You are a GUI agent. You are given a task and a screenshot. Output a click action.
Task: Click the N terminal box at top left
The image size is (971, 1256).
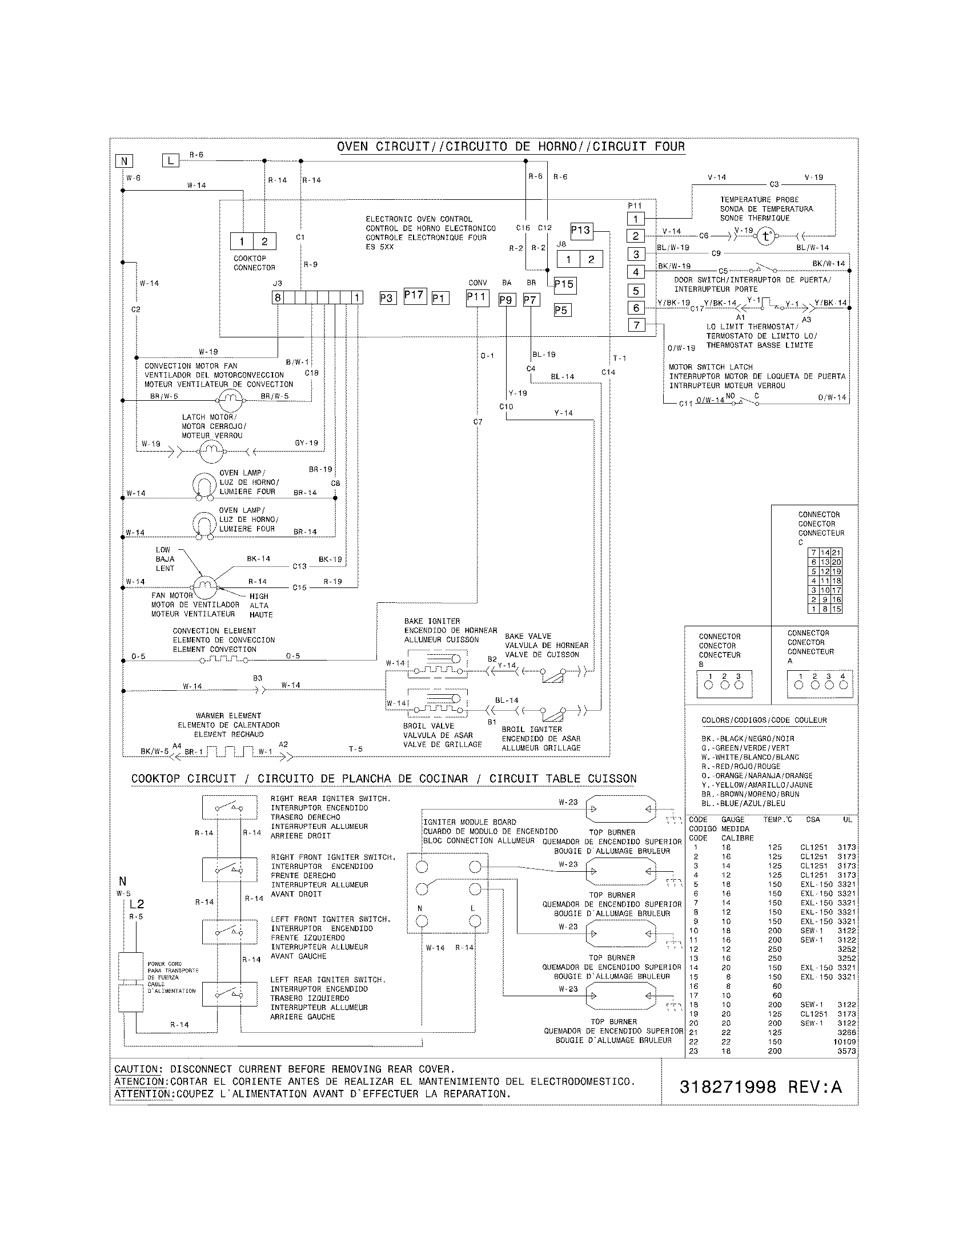(x=124, y=161)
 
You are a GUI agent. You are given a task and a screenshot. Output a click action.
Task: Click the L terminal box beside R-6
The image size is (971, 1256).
(x=170, y=160)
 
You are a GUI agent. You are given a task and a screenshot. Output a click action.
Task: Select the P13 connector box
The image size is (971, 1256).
(x=581, y=231)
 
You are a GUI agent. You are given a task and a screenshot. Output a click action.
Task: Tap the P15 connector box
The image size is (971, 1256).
(x=564, y=284)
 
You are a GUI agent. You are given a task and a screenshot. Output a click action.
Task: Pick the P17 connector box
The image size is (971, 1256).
(x=414, y=296)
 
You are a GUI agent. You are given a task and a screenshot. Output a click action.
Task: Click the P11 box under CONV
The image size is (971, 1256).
(x=477, y=297)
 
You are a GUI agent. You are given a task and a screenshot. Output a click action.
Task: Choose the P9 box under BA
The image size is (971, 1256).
(x=506, y=300)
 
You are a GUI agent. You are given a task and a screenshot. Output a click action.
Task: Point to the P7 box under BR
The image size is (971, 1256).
(x=531, y=300)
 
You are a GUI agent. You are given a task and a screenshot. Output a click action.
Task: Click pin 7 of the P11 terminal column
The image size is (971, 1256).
(x=636, y=325)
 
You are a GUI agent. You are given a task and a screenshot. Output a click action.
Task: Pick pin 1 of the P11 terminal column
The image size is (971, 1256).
(x=636, y=219)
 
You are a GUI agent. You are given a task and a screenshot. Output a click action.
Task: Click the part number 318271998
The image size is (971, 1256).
(x=727, y=1086)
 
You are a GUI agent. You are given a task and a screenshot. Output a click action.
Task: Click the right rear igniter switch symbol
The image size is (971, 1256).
(x=229, y=807)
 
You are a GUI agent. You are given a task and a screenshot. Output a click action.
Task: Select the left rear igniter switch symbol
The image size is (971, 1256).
(x=229, y=993)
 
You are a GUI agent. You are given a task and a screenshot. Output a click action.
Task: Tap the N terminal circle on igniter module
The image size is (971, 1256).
(x=422, y=921)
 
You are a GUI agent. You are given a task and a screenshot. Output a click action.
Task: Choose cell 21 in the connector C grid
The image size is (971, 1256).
(x=836, y=552)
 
